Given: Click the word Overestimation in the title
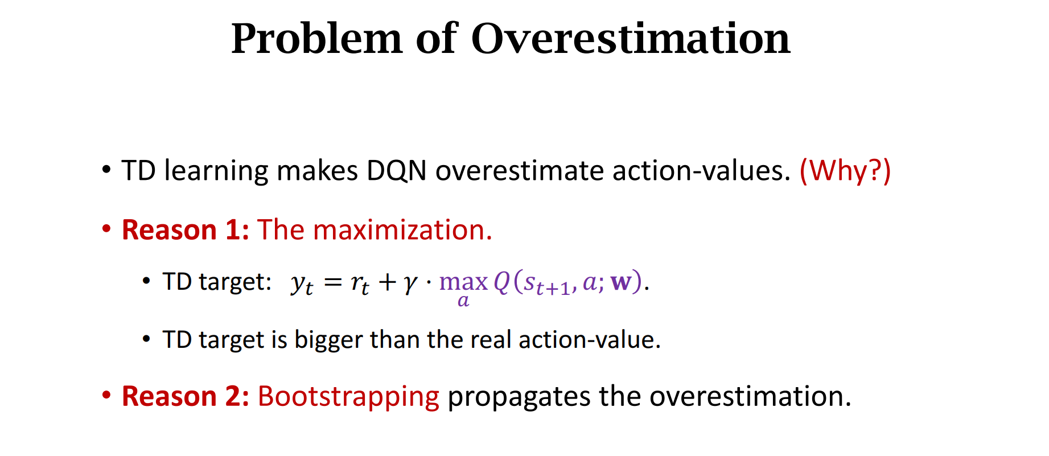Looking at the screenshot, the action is (x=631, y=39).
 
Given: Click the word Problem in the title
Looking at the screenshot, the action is (x=316, y=39).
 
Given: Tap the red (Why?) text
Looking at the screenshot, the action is (x=845, y=171).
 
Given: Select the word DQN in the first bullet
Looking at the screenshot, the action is (x=396, y=171).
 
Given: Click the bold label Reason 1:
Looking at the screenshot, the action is (x=186, y=230).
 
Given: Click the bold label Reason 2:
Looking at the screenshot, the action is (x=186, y=396).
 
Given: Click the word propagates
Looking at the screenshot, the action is (x=519, y=397).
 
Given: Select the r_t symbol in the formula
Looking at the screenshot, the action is (x=360, y=284).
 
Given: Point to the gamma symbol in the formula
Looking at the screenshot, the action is (x=410, y=283).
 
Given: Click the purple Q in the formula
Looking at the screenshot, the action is (x=502, y=282).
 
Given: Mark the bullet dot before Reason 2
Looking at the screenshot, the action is (x=106, y=395).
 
